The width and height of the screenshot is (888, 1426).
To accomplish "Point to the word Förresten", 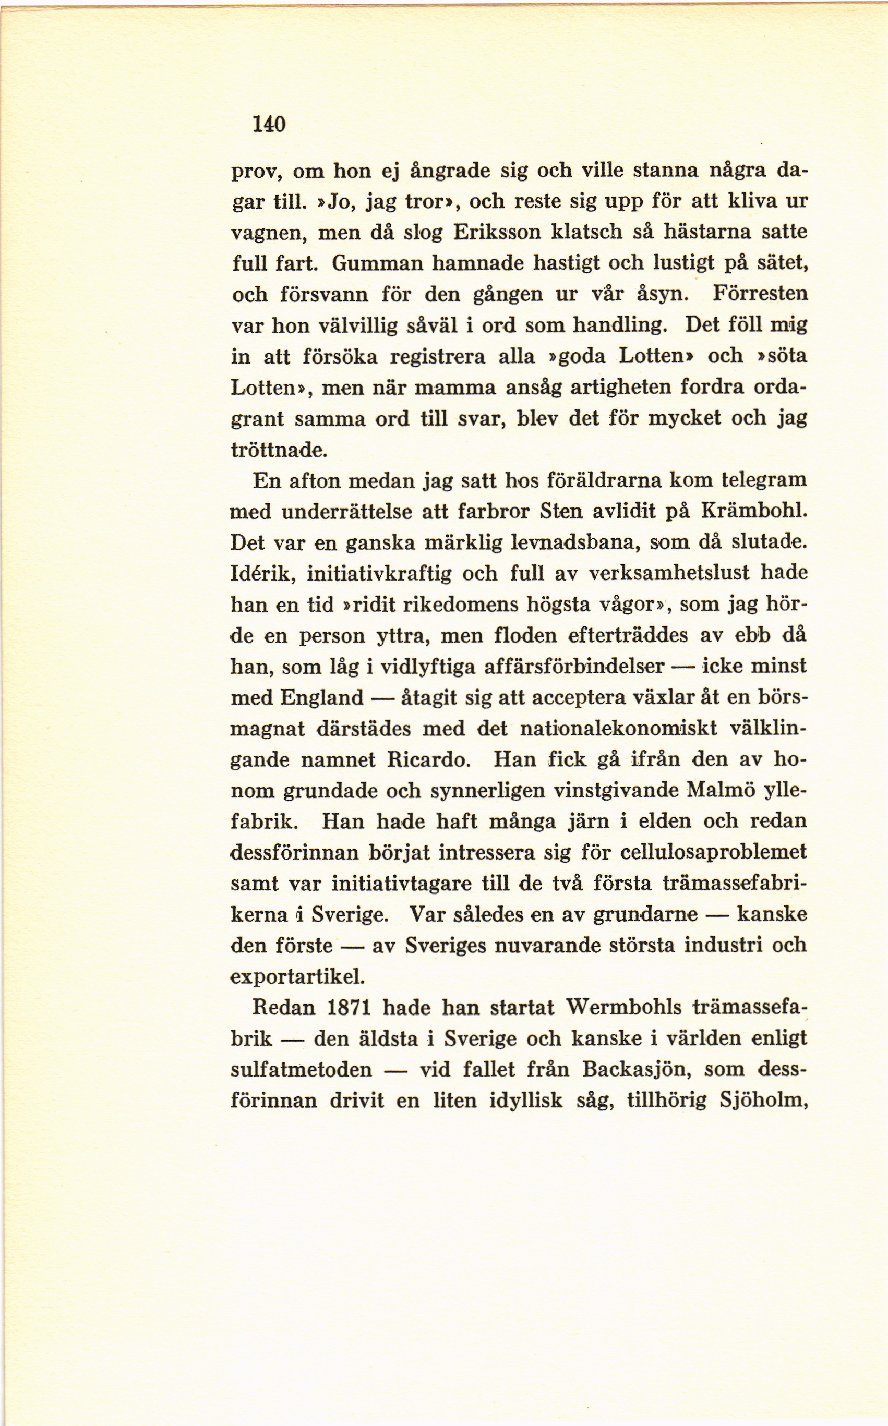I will [x=760, y=293].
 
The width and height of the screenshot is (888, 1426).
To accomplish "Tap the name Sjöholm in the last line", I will [x=763, y=1100].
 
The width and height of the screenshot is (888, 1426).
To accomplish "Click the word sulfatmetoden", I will [x=302, y=1070].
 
